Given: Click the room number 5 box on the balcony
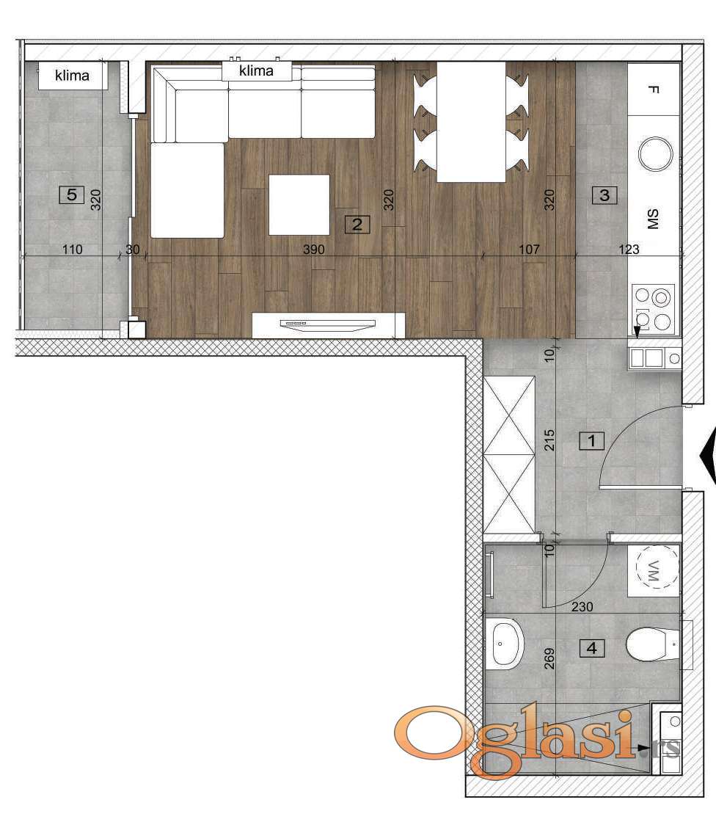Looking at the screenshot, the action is [72, 195].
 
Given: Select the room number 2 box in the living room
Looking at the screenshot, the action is [357, 225].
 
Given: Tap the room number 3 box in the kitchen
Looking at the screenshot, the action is [604, 195].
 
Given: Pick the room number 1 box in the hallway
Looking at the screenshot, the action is [592, 440].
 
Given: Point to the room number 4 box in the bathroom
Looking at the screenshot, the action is [592, 649].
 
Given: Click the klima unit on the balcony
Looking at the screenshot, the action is [73, 76].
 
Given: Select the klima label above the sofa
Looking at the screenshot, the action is [256, 70].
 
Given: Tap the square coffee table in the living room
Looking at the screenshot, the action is [299, 205].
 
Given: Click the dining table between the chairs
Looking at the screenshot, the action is [471, 122].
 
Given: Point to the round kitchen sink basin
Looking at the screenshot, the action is [655, 153].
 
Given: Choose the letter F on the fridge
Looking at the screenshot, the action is [653, 89].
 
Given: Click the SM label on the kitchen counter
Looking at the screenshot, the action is [653, 219].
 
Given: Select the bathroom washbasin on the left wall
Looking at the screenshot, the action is [505, 644].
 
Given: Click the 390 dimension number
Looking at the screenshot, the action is [313, 250].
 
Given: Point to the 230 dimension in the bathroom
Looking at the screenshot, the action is [582, 606].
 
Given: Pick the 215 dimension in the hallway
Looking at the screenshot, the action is [549, 440].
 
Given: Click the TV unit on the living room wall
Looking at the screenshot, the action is [328, 325].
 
